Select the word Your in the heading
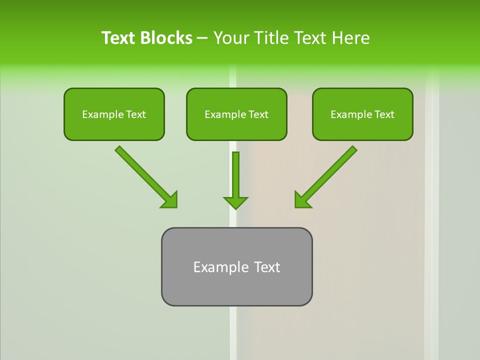[231, 38]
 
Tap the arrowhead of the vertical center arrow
[235, 202]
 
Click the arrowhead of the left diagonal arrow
[170, 200]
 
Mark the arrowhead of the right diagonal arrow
[302, 200]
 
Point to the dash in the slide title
[202, 38]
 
